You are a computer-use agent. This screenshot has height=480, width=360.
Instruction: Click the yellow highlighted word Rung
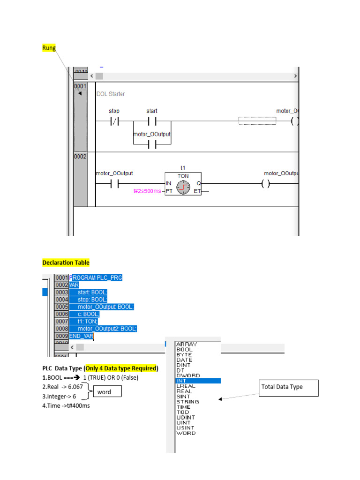coord(49,48)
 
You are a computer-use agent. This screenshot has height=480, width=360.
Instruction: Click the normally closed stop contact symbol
coord(114,121)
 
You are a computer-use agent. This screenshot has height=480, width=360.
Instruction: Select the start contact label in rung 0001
coord(151,111)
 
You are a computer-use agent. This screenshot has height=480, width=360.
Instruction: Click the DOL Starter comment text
coord(111,94)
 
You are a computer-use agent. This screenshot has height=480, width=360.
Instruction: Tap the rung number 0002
coord(80,157)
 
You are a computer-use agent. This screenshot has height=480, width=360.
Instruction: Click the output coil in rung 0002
coord(265,184)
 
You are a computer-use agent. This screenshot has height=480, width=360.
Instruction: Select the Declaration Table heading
coord(66,262)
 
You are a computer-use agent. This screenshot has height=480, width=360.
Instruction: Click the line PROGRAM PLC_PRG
coord(96,277)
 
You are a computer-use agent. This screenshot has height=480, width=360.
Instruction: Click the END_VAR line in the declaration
coord(82,336)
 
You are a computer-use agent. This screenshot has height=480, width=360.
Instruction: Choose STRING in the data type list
coord(187,402)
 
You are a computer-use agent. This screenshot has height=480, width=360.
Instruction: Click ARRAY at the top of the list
coord(187,344)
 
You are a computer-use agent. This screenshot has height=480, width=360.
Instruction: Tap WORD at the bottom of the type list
coord(186,433)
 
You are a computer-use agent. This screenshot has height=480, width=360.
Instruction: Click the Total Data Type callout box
coord(288,387)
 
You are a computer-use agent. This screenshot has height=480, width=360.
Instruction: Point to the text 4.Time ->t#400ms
coord(66,405)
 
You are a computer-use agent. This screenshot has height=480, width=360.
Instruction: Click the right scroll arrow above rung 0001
coord(295,76)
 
